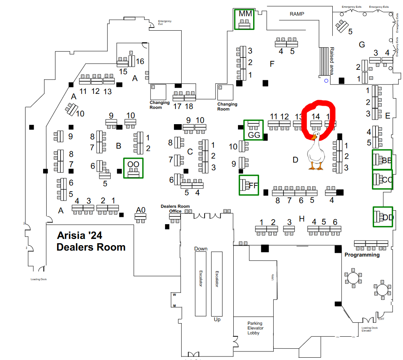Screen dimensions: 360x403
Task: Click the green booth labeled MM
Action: [x=245, y=19]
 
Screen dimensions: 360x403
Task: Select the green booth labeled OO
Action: [x=133, y=168]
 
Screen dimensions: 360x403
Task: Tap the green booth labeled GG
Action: [x=254, y=130]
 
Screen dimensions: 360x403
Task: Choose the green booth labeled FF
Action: [x=248, y=185]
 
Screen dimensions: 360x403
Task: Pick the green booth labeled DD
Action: [x=383, y=217]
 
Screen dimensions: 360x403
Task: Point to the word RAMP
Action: [x=297, y=14]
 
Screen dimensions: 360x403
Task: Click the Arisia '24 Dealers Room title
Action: [x=91, y=241]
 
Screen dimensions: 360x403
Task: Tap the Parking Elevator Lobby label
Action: [x=255, y=328]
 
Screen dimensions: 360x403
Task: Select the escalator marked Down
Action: [x=200, y=283]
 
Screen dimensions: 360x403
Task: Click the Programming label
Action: [x=362, y=255]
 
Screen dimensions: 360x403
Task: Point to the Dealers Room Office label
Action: [x=175, y=209]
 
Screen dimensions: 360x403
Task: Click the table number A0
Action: [x=141, y=210]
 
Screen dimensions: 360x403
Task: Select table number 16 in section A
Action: [x=140, y=61]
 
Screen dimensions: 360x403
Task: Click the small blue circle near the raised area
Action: [x=326, y=81]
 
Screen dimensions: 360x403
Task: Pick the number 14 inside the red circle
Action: [x=316, y=116]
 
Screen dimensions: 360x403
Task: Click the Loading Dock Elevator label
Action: [x=369, y=329]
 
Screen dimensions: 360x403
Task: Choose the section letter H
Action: [x=302, y=219]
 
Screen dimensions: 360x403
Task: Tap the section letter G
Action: [x=361, y=45]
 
